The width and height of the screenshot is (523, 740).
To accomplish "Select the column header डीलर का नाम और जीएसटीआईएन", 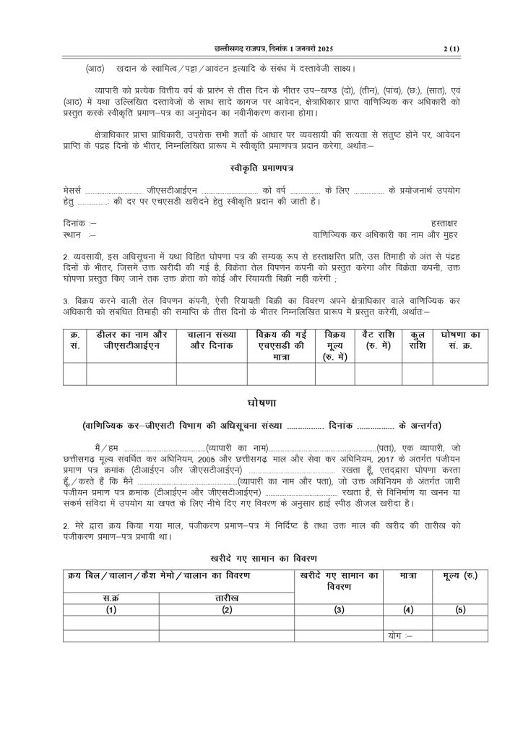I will pos(131,340).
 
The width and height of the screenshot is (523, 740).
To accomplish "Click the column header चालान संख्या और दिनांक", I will pos(211,340).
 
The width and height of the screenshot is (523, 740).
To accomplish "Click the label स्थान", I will pos(73,235).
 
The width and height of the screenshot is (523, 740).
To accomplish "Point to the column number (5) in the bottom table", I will pos(460,610).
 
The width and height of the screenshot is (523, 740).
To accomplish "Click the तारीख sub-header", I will pos(227,598).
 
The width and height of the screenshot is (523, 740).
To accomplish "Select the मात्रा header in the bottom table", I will pos(408,575).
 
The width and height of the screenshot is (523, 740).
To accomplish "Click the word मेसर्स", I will pos(72,189).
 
